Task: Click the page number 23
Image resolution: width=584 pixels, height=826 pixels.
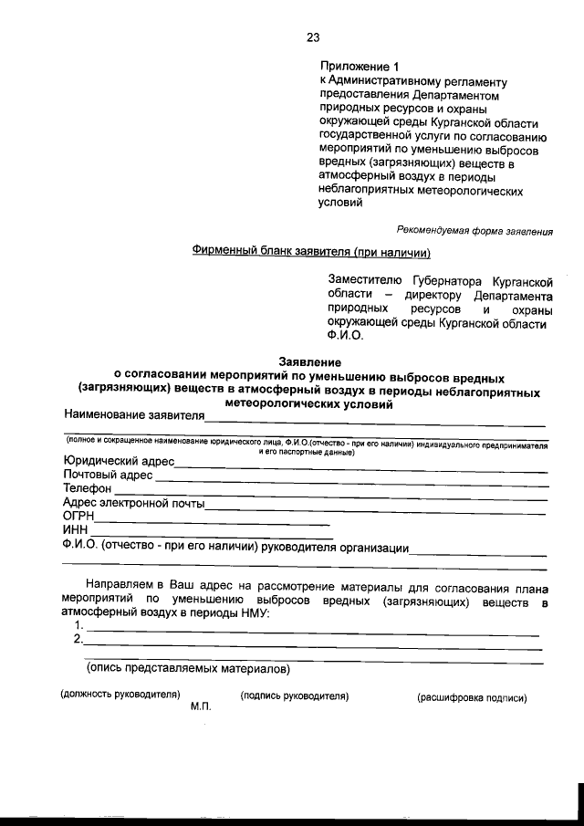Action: [x=313, y=37]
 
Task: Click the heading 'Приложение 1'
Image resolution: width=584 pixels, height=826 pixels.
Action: [x=360, y=67]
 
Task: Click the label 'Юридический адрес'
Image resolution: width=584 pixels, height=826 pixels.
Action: [x=118, y=462]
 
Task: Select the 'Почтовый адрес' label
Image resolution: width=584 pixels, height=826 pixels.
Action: [x=107, y=476]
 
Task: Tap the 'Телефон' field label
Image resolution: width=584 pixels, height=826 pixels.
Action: [x=87, y=489]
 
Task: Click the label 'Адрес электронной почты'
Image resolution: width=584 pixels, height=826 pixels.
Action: [x=133, y=503]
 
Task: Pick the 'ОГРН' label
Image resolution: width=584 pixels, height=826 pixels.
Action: [x=78, y=517]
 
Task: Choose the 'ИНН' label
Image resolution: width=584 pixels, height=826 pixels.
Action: [x=75, y=530]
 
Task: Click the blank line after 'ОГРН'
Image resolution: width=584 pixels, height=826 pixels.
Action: [x=212, y=522]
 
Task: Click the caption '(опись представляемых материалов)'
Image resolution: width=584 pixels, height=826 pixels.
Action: [x=188, y=669]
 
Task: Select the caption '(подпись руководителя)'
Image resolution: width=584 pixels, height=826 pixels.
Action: [x=295, y=696]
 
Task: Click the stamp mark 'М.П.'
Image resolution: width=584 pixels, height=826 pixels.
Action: [x=201, y=707]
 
